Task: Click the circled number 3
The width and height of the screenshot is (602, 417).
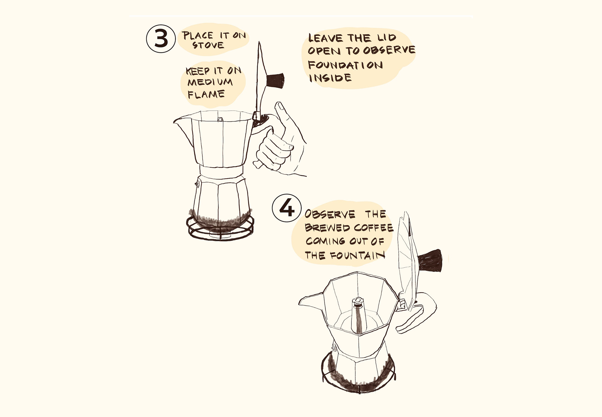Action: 161,39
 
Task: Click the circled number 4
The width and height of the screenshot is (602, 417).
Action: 287,208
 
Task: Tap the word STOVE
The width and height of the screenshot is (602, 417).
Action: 208,45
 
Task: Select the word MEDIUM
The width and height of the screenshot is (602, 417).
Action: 210,82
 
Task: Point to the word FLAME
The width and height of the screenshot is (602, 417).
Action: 206,94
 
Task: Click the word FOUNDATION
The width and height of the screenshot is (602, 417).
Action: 345,65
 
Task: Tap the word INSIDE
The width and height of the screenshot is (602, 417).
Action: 330,78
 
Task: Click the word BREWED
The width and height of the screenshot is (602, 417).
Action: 328,228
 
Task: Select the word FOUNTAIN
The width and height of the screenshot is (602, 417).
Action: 358,255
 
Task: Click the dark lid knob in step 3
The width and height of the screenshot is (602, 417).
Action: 275,81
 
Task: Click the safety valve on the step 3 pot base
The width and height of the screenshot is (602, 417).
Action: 197,184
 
